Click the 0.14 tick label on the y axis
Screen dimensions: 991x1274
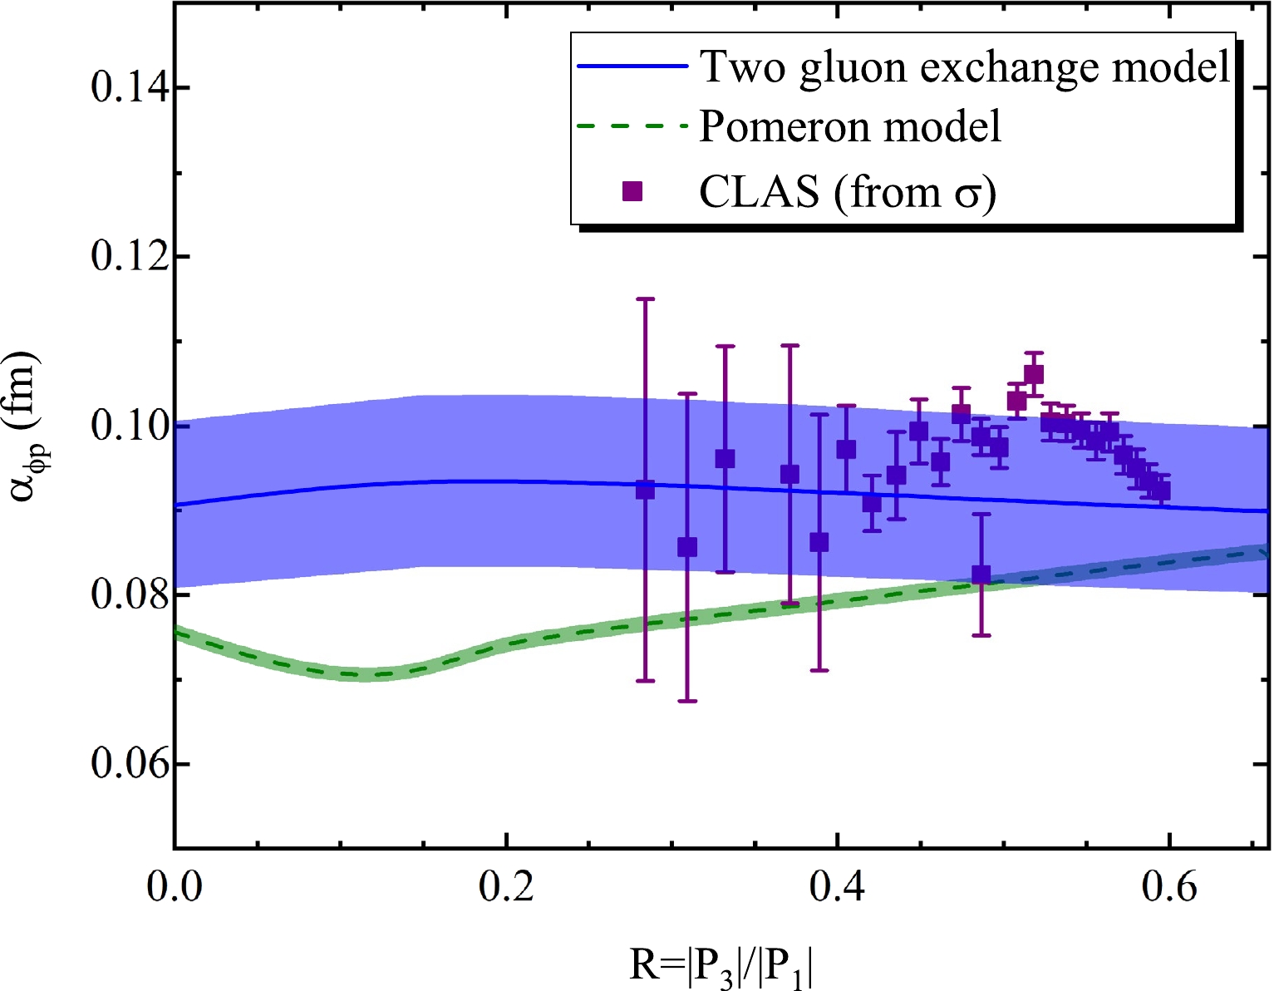(125, 87)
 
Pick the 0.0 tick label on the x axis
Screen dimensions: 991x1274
(175, 886)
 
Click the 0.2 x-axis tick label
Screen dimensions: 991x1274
(506, 886)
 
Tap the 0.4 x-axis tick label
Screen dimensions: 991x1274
(837, 886)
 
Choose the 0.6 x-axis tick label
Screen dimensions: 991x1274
(1168, 886)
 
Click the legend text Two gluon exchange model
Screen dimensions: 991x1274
(965, 67)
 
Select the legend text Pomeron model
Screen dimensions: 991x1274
(850, 126)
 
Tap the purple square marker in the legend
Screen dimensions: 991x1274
(632, 191)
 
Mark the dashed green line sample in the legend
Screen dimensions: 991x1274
(632, 127)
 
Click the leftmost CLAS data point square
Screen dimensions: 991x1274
(645, 490)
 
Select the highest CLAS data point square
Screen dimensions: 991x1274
(1033, 374)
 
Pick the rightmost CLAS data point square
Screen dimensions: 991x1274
(1161, 491)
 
